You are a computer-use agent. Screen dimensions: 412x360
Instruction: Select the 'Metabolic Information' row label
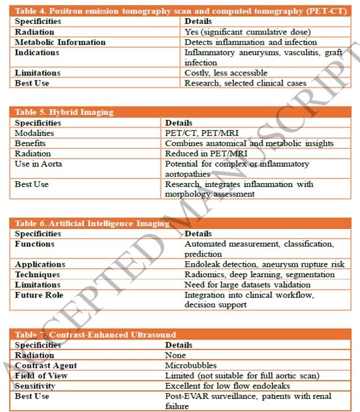[60, 43]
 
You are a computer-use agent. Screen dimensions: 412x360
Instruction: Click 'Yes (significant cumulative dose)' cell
[248, 32]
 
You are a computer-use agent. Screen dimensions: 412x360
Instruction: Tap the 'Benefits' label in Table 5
[31, 143]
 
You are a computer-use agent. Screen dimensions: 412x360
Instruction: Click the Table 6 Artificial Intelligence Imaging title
[92, 223]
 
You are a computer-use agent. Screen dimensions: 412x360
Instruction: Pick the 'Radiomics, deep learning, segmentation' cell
[259, 275]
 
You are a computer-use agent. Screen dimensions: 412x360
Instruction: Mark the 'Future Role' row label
[39, 295]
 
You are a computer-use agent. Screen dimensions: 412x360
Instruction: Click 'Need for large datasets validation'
[250, 285]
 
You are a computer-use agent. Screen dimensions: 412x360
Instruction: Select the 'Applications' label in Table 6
[40, 265]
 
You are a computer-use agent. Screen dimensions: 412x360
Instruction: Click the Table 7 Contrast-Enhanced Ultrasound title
[95, 334]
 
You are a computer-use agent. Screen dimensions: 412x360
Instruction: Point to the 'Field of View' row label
[41, 376]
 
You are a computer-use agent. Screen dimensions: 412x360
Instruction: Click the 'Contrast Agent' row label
[46, 366]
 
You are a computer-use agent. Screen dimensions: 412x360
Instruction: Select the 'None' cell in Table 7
[175, 355]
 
